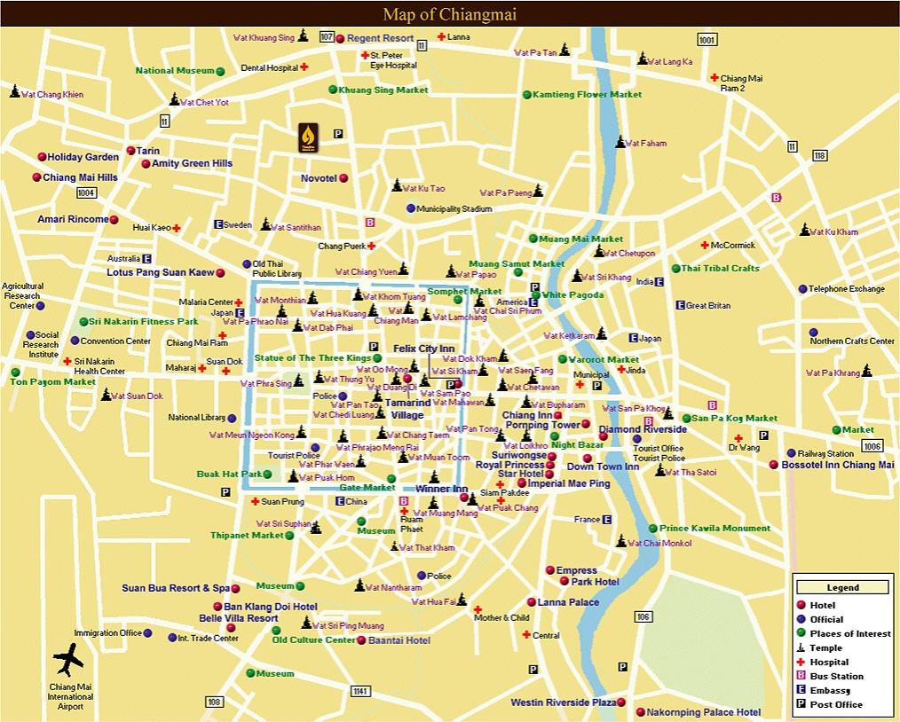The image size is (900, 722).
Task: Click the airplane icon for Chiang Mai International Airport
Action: [x=68, y=659]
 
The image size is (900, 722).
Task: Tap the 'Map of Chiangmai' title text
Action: [x=449, y=14]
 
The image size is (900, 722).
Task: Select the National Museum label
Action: [x=175, y=70]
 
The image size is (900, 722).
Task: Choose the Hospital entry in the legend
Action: [x=829, y=662]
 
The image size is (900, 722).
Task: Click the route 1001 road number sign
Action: [x=707, y=40]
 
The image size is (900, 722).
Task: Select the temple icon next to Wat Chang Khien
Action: [x=14, y=91]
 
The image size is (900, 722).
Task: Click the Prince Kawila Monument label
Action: [x=714, y=529]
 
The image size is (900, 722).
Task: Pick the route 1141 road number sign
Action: [x=359, y=691]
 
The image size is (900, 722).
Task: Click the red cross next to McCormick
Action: [x=705, y=245]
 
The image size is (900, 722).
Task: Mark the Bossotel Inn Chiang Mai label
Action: [x=838, y=465]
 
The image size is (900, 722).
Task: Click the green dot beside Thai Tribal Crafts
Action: [x=675, y=268]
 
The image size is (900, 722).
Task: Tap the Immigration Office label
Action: [x=107, y=633]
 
